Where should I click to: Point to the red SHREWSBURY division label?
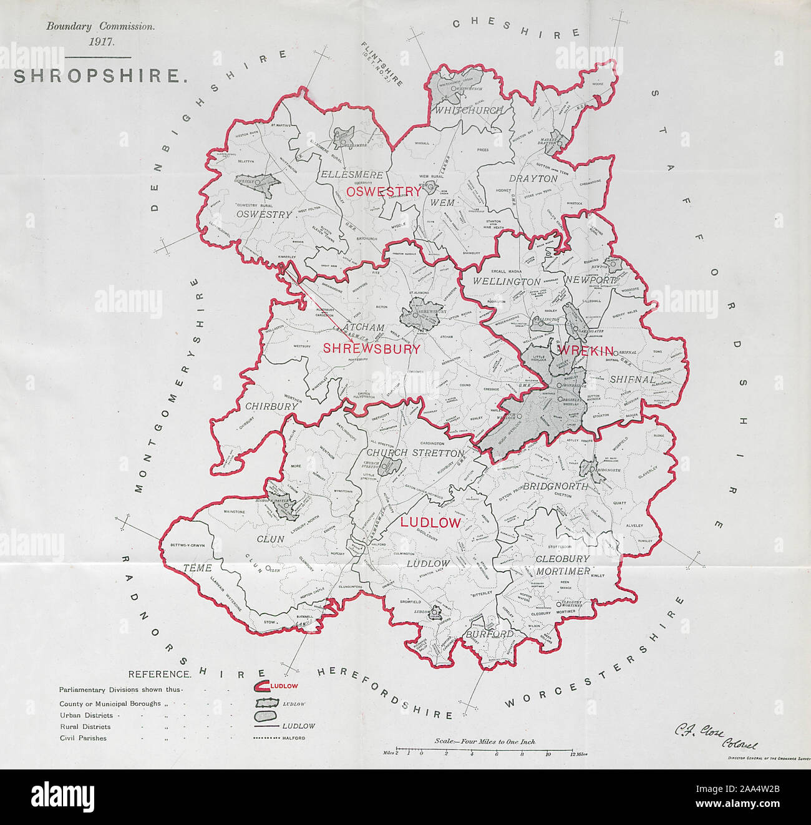372,349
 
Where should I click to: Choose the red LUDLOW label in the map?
430,522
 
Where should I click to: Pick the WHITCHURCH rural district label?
469,110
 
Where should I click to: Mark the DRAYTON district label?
533,178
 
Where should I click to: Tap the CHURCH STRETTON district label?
415,453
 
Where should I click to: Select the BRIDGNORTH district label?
555,486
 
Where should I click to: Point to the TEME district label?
198,568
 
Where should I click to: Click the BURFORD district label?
489,634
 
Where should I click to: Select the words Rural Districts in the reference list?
85,726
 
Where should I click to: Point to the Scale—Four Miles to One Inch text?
485,742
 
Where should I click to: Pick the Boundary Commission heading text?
100,27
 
